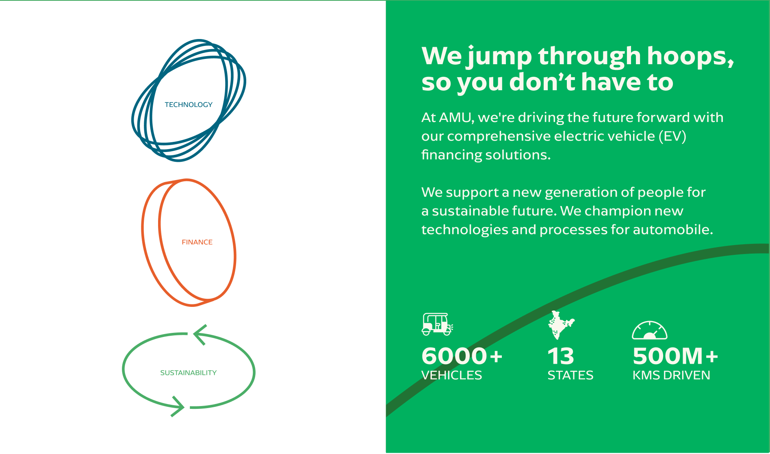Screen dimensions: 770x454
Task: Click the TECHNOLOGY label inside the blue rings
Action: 189,104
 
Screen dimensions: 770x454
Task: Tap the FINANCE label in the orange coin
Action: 197,242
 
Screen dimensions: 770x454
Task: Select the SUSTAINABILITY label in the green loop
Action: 189,373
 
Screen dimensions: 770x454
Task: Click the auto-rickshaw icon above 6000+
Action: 437,324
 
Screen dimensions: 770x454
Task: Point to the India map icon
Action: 561,325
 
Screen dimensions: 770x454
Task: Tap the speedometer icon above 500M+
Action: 650,330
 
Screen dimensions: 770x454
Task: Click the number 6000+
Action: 462,356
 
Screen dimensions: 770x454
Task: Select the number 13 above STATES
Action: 561,356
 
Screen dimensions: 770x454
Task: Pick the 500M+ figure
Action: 675,356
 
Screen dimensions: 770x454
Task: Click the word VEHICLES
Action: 452,375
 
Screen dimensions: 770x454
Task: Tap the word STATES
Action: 570,375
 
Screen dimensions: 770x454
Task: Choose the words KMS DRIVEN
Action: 671,375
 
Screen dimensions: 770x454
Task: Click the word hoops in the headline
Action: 690,56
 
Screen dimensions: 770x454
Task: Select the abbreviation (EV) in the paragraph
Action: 672,136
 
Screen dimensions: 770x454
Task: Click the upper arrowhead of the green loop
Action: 200,335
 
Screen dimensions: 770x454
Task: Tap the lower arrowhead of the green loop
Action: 178,406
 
